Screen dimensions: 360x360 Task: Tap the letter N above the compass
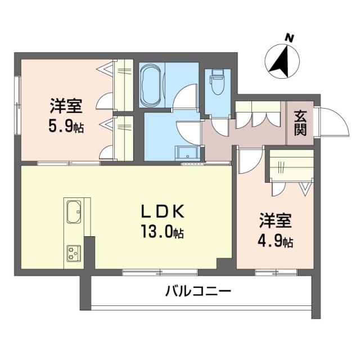click(290, 38)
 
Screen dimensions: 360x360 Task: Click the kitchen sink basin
click(74, 212)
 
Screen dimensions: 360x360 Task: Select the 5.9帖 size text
click(66, 126)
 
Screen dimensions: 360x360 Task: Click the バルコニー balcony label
click(198, 291)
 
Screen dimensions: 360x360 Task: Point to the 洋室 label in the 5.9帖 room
click(66, 105)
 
